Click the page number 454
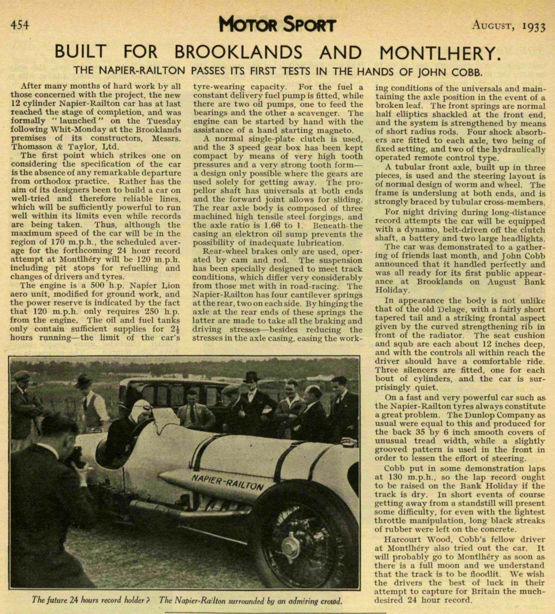(x=20, y=25)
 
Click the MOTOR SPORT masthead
(x=277, y=24)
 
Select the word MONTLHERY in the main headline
(x=439, y=53)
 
